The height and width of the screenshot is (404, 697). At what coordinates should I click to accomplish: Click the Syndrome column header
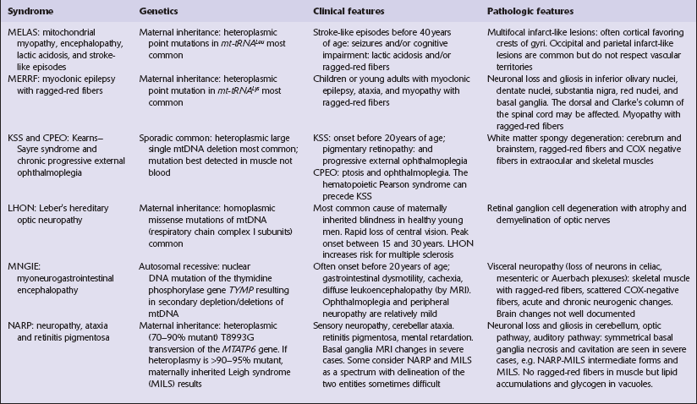coord(30,13)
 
